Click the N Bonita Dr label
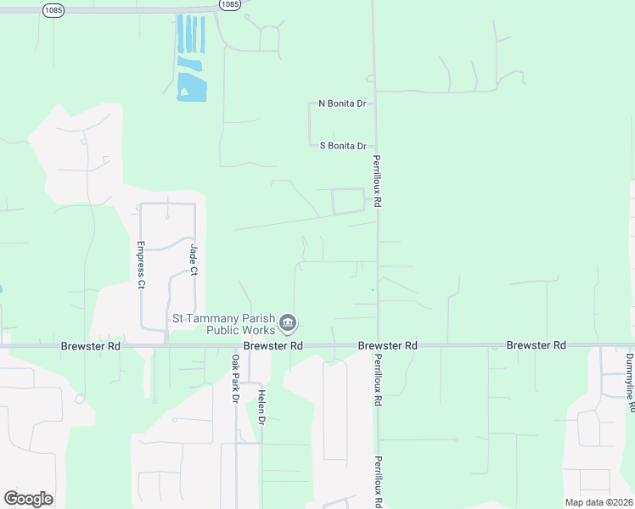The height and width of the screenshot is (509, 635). [342, 103]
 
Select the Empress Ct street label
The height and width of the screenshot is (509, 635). [141, 266]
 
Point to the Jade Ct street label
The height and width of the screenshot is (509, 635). [194, 260]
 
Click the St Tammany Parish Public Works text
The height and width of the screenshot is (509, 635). [224, 324]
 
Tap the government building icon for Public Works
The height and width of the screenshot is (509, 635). [288, 323]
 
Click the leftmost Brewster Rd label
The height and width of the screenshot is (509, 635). [90, 346]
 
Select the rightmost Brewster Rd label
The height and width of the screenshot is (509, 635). [536, 345]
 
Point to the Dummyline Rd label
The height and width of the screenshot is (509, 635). [630, 383]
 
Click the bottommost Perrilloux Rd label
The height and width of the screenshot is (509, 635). [377, 482]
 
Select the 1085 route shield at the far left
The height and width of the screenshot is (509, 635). [53, 8]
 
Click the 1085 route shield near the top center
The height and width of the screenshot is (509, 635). [228, 4]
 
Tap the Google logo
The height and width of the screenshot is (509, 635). [28, 498]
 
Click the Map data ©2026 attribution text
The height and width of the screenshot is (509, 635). [598, 502]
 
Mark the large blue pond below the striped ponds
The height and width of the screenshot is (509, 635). [192, 87]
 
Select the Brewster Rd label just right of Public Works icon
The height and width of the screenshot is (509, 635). [273, 346]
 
